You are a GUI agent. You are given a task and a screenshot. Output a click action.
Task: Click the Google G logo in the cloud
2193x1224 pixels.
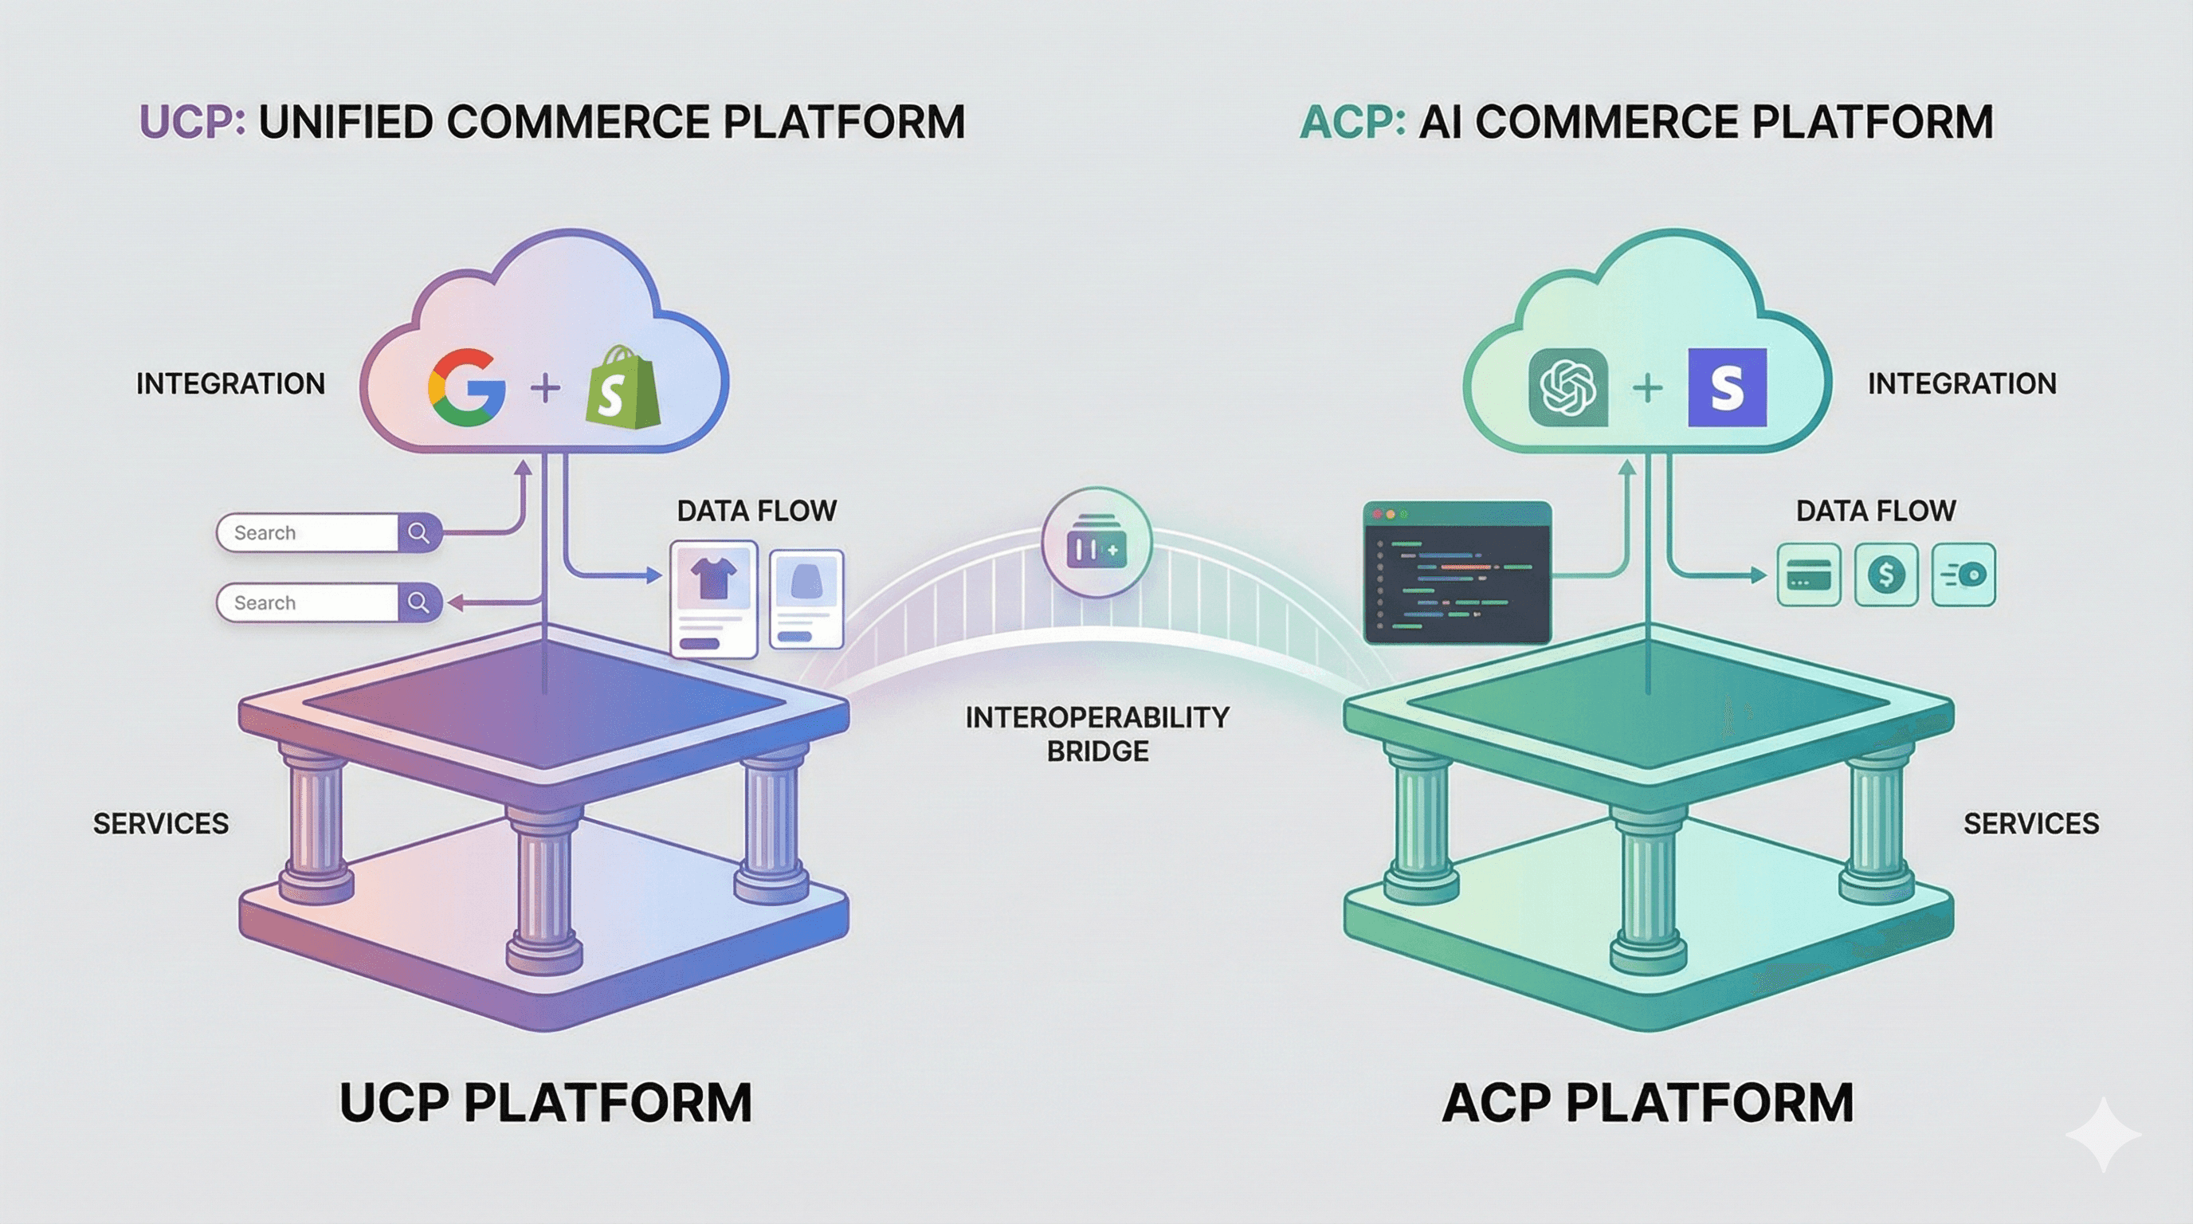(465, 387)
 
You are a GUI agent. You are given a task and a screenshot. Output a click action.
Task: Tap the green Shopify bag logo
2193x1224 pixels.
(623, 387)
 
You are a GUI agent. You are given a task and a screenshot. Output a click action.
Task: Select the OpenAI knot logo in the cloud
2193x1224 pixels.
(1568, 387)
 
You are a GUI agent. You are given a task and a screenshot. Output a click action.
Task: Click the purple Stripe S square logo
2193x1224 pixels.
(1727, 387)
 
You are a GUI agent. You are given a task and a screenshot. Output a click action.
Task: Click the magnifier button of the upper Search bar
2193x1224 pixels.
(418, 533)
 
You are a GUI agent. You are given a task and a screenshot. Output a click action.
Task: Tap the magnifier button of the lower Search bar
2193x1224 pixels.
(418, 602)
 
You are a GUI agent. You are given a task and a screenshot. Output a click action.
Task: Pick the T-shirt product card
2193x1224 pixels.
(713, 598)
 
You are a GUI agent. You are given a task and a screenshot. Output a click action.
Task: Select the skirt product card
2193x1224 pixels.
(806, 598)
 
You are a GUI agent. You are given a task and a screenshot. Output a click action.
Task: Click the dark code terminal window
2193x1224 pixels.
(1457, 572)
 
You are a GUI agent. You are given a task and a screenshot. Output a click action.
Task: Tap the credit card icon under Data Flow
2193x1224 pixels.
(1809, 575)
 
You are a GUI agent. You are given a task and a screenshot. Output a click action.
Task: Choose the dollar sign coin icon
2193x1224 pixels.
(1885, 575)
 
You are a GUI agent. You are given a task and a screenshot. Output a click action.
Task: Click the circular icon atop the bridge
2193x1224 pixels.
(1096, 543)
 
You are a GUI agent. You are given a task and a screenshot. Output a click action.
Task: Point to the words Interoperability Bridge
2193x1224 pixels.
(1096, 734)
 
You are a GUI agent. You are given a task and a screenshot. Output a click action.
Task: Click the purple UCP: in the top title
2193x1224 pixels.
(192, 122)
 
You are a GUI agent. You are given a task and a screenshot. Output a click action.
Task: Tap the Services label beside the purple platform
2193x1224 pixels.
(161, 823)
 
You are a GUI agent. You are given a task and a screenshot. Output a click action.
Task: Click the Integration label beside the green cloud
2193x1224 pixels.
(1961, 384)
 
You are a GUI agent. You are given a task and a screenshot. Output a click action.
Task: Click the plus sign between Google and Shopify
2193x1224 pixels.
(545, 389)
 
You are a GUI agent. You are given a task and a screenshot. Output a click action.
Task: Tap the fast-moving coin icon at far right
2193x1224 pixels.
(1963, 575)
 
